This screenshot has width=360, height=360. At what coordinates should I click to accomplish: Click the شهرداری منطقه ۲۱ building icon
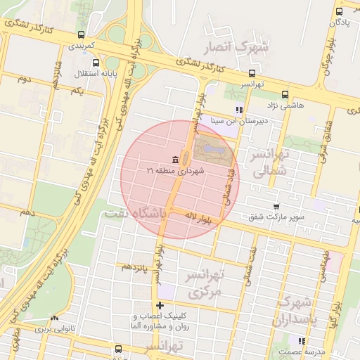point(175,158)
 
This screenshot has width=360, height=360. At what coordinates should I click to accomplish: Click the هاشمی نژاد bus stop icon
point(285,94)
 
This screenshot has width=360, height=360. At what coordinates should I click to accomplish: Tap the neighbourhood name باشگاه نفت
point(136,212)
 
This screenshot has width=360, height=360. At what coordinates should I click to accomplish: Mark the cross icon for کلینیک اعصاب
point(161,306)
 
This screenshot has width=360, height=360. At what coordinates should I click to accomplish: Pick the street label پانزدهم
point(133,267)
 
